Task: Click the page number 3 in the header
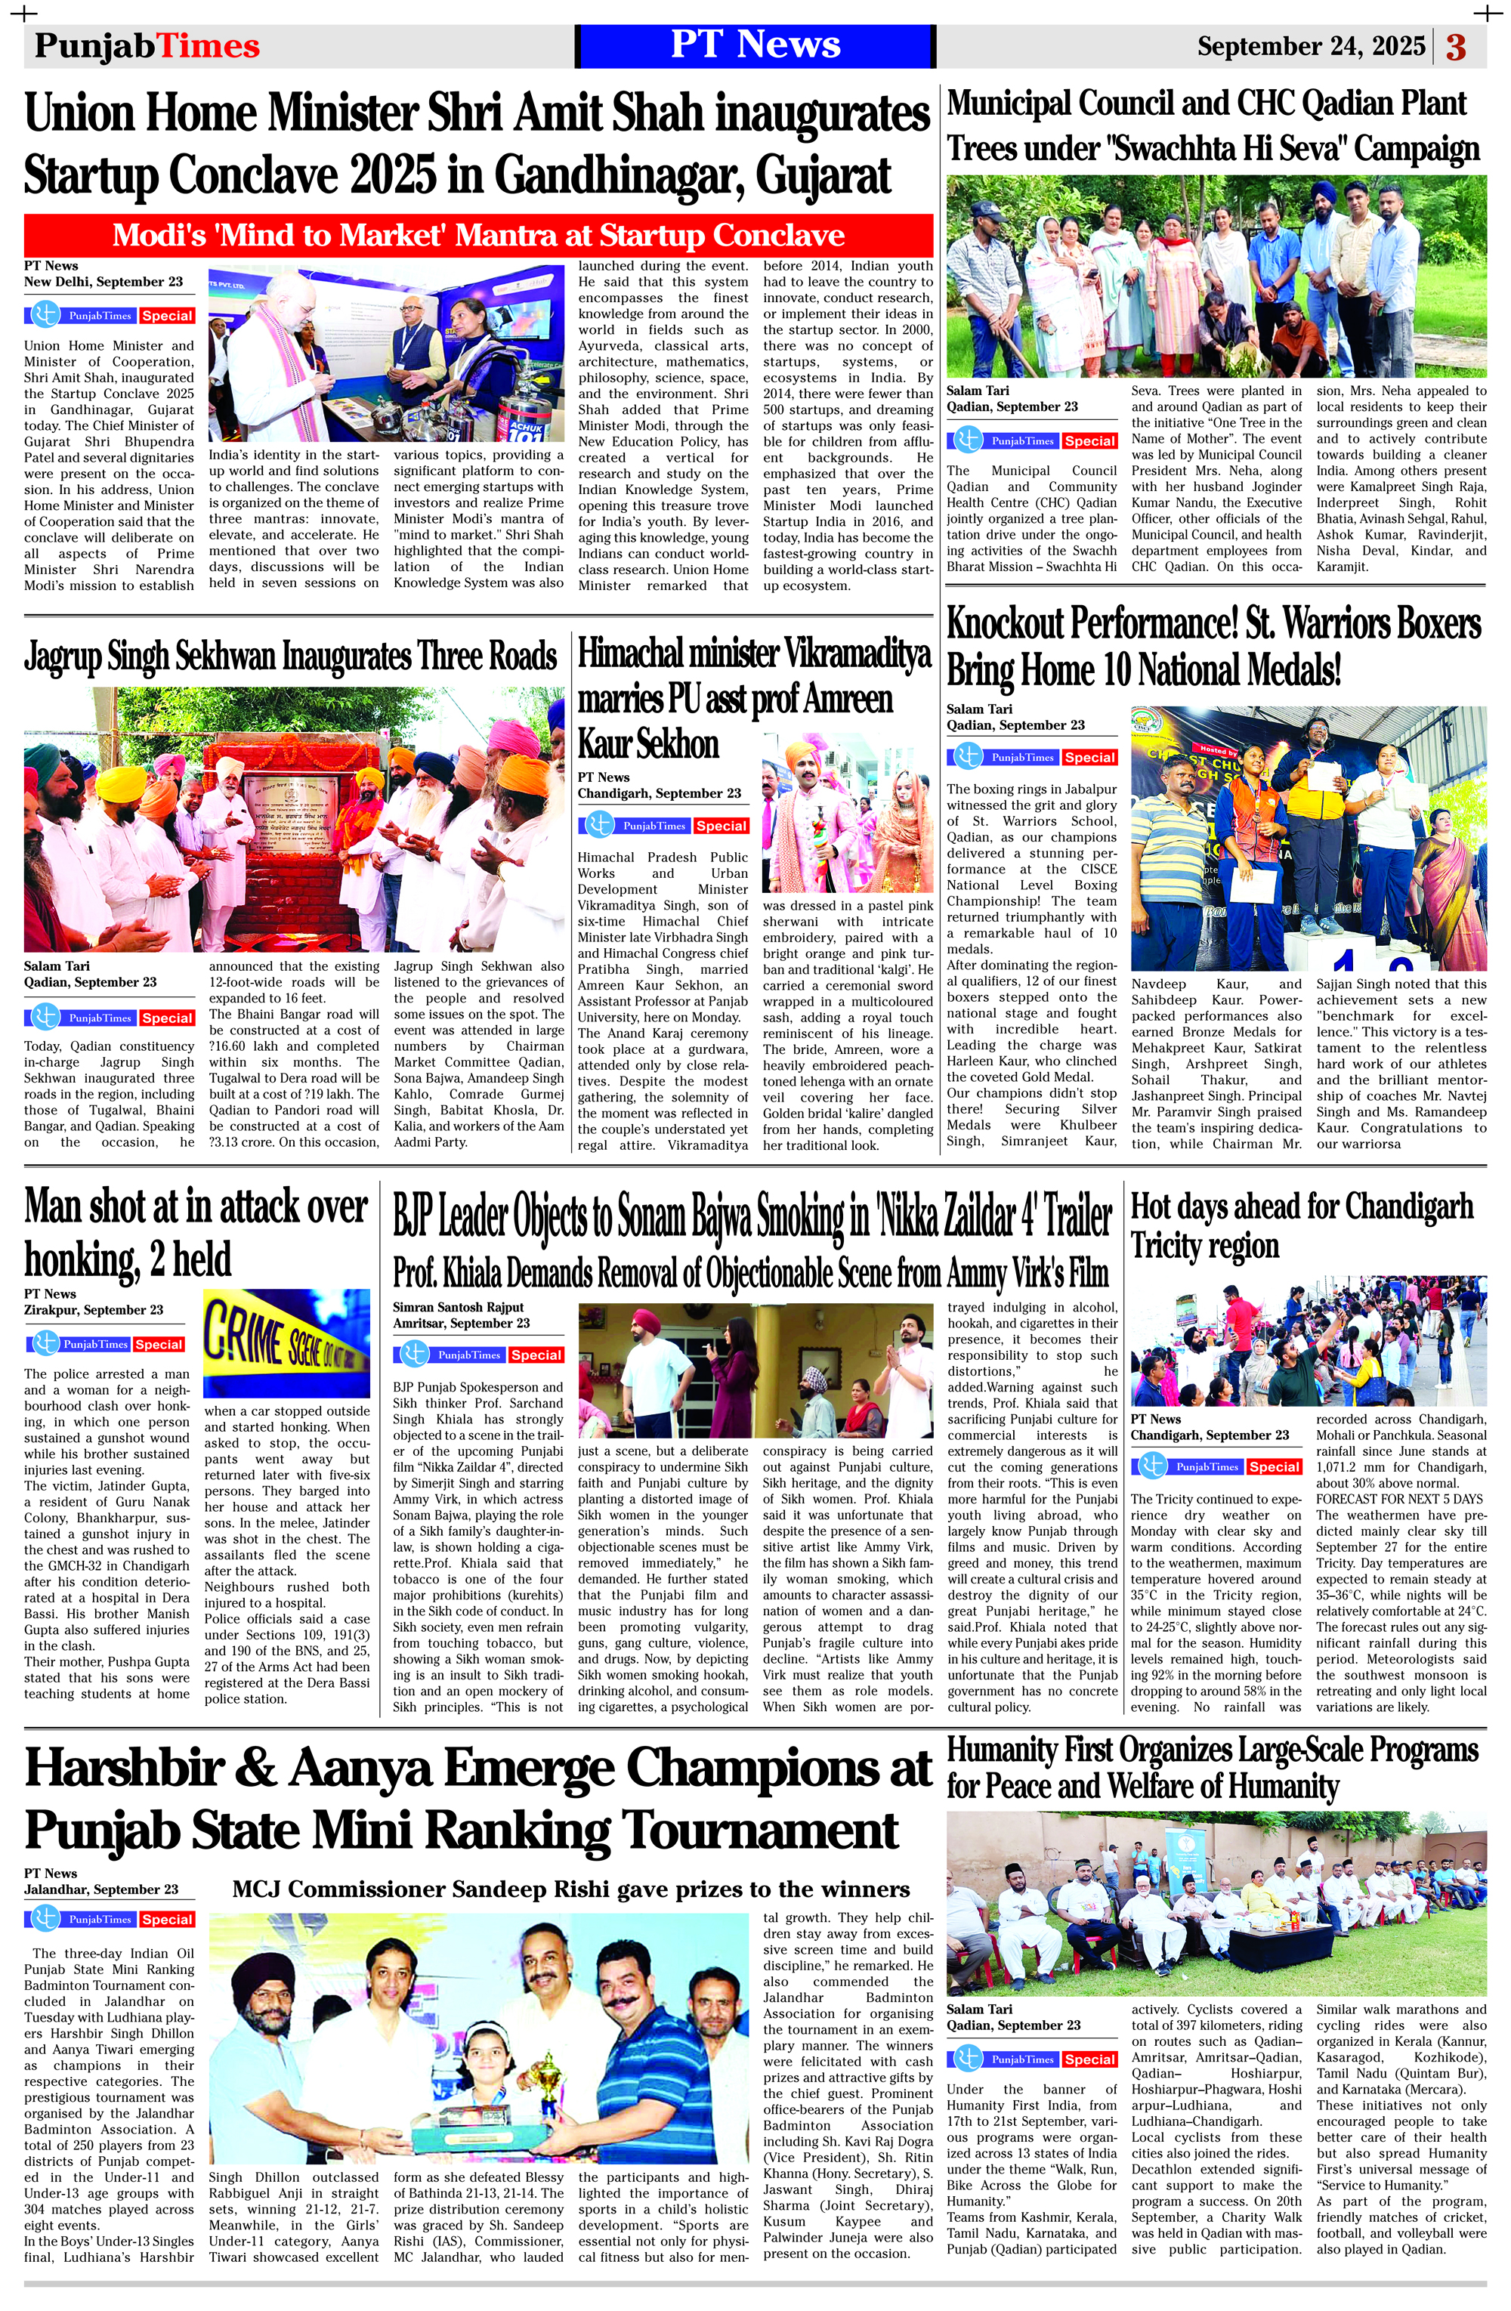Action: [1456, 47]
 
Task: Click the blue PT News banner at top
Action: [755, 45]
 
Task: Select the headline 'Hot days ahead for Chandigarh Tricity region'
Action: [1301, 1225]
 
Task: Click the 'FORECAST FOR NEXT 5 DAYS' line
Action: [1399, 1499]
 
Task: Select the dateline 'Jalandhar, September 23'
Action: [101, 1889]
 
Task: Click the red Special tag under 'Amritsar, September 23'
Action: [535, 1355]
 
